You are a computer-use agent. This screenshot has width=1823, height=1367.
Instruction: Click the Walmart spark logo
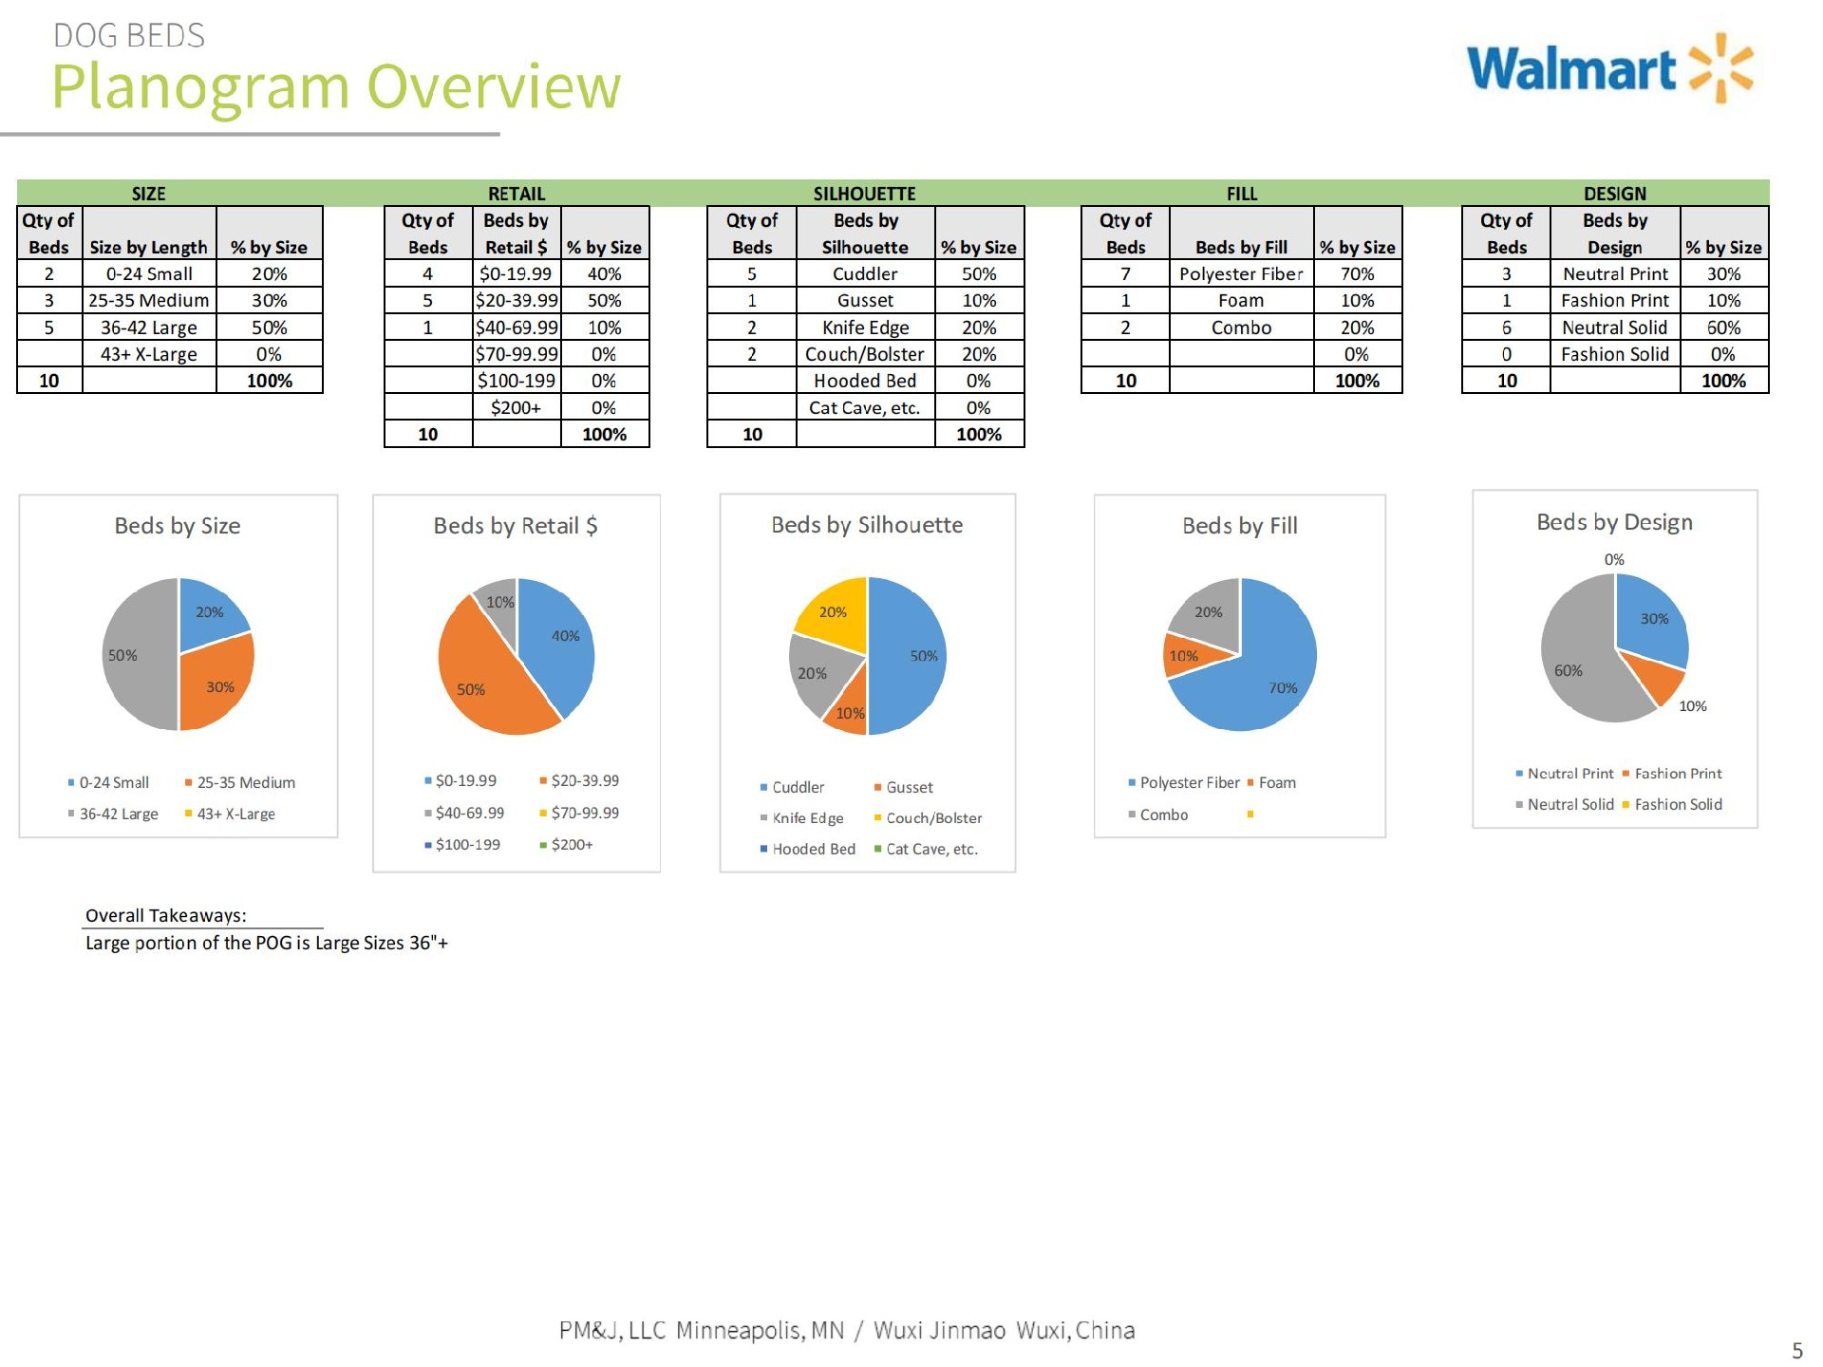[x=1720, y=68]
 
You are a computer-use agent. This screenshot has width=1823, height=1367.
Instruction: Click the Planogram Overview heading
[x=336, y=86]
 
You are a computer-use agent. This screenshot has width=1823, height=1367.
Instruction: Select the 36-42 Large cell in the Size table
[x=149, y=328]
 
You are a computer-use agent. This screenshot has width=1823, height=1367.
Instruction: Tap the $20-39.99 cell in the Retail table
[x=517, y=300]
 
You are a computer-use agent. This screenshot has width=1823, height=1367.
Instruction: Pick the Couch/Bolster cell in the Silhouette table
[x=865, y=354]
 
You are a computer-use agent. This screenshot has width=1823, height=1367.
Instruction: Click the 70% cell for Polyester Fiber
[x=1358, y=273]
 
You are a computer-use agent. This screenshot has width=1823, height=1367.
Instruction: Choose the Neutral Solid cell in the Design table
[x=1614, y=328]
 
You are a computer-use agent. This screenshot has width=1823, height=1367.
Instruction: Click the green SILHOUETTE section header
[x=865, y=194]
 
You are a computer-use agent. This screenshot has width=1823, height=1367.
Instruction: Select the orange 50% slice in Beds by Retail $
[x=484, y=679]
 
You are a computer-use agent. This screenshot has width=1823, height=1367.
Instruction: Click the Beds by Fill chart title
[x=1239, y=526]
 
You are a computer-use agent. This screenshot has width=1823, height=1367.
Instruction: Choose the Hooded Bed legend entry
[x=808, y=849]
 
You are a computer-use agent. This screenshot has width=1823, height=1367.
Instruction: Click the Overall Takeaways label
[x=165, y=915]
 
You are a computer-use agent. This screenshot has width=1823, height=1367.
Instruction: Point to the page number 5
[x=1796, y=1351]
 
